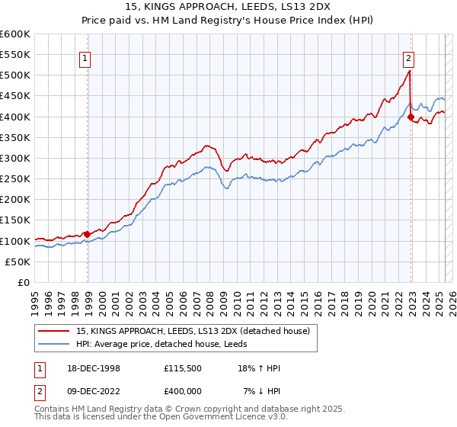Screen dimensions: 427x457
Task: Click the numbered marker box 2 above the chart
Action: point(408,56)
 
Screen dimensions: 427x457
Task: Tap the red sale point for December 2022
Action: point(411,117)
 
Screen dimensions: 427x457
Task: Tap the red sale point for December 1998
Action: point(88,234)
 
